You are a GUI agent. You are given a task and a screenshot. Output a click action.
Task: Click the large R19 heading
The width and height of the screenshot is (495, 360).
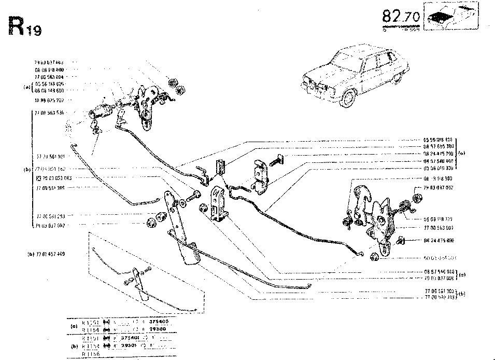[x=24, y=26]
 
